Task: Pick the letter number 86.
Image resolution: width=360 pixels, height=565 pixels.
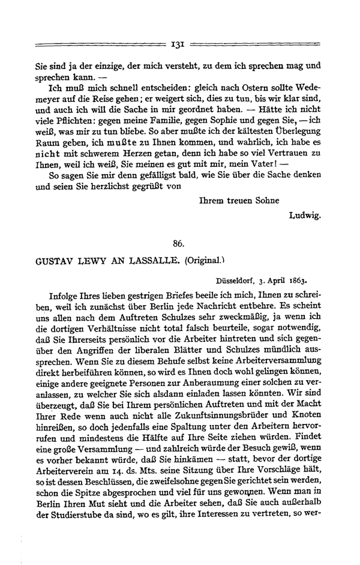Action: (178, 243)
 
